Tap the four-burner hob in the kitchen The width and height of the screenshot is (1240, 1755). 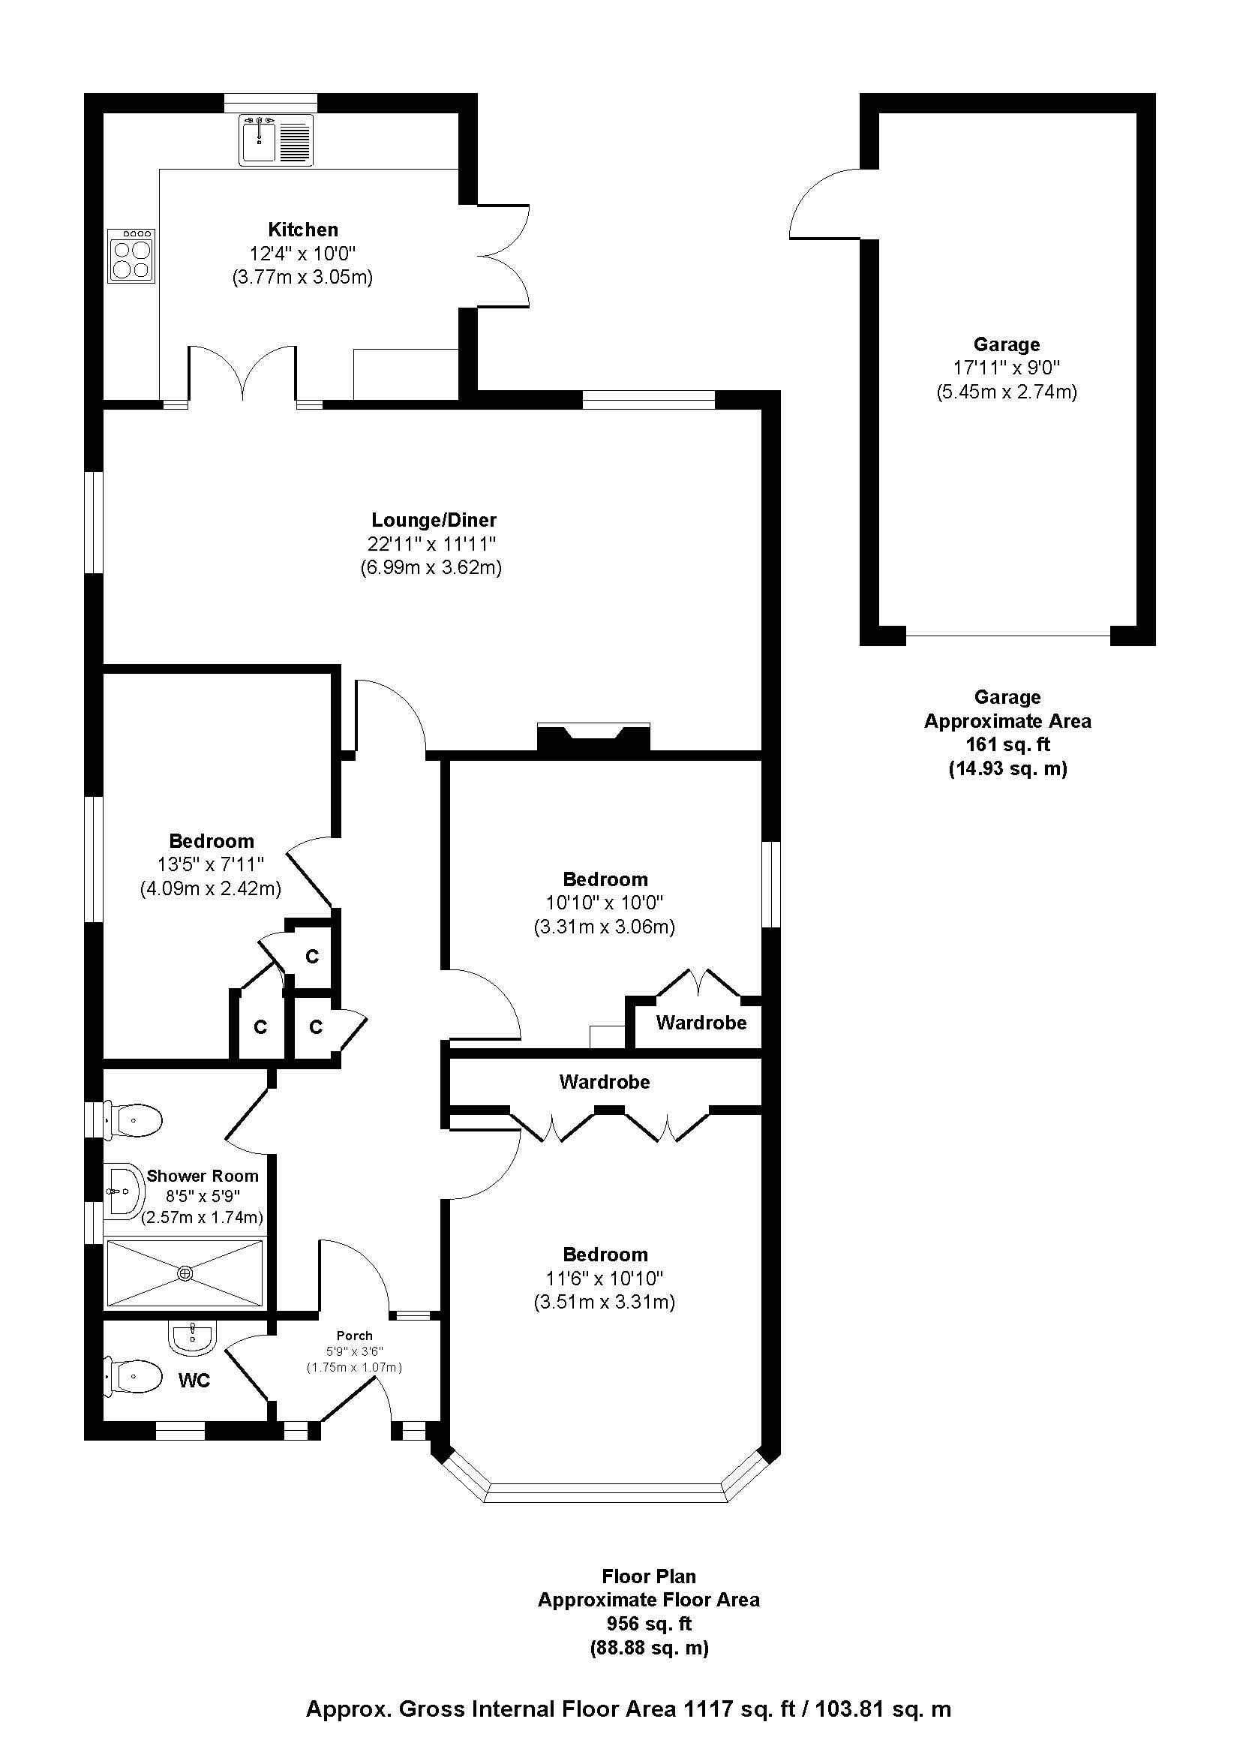131,255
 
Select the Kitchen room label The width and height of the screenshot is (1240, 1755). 302,230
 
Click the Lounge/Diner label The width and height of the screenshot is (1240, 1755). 433,521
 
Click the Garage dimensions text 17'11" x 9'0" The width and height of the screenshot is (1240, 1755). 1006,368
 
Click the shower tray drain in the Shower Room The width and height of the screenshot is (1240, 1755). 185,1273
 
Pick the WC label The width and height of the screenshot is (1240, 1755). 194,1381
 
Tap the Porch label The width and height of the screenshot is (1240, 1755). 355,1336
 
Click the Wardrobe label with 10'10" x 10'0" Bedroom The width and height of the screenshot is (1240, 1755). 701,1023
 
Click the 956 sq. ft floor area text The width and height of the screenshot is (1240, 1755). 649,1624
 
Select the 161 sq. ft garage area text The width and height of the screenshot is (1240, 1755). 1007,744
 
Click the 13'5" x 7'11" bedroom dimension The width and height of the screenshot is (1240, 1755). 211,864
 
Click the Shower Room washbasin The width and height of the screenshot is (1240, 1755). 124,1190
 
